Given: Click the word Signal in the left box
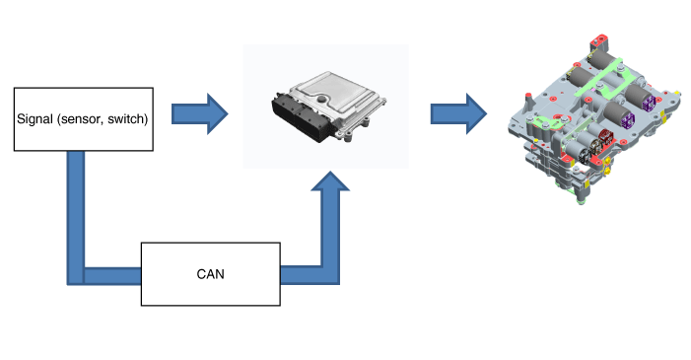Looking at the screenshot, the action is (35, 119).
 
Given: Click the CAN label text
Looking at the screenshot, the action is (210, 274).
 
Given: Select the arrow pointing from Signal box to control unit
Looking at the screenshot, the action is (200, 113).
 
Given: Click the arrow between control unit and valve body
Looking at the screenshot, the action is (458, 113).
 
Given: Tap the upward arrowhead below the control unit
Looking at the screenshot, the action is (330, 181).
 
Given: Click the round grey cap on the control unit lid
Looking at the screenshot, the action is (323, 99).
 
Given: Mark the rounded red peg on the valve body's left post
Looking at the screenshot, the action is (528, 95).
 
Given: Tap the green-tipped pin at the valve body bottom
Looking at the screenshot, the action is (581, 201).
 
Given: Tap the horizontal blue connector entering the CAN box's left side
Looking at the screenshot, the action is (112, 276).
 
